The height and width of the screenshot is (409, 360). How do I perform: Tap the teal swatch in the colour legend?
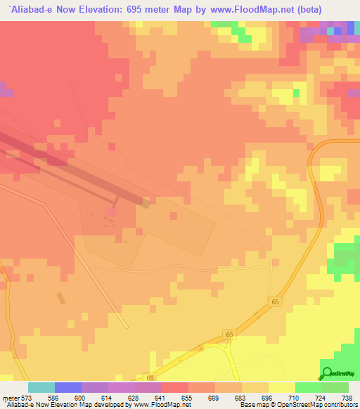click(41, 388)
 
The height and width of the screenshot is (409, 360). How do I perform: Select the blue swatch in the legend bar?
click(68, 388)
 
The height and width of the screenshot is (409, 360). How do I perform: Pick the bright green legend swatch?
click(309, 388)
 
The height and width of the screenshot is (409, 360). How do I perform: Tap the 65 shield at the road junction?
click(229, 334)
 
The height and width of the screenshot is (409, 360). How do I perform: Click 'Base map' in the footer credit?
click(250, 405)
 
